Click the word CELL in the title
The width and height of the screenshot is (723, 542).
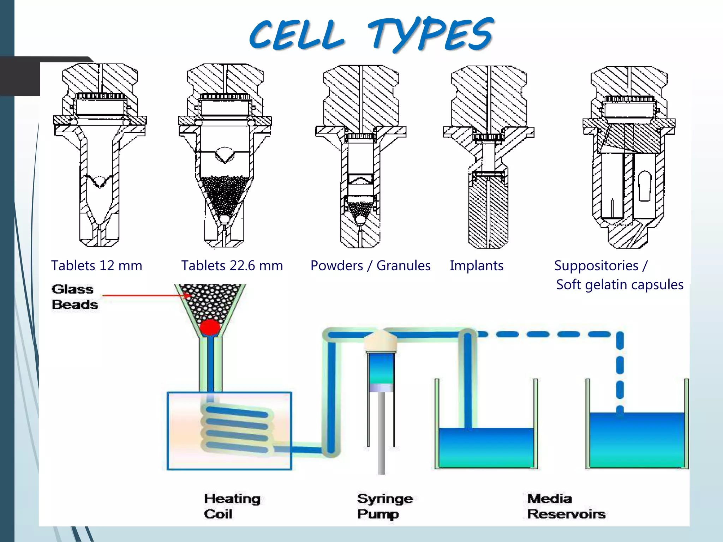coord(297,35)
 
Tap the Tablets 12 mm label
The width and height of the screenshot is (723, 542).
coord(96,266)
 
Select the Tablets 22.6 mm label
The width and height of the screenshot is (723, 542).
coord(232,266)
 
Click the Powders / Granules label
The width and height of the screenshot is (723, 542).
coord(370,266)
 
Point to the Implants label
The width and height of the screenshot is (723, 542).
coord(476,266)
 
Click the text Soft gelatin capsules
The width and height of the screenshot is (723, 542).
coord(620,285)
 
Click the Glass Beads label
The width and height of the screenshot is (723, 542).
coord(74,297)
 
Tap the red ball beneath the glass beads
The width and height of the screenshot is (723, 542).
coord(210,327)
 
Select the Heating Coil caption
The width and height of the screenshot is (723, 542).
coord(232,506)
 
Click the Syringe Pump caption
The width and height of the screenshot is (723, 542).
coord(384,506)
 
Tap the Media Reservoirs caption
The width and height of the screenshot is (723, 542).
coord(566,506)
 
